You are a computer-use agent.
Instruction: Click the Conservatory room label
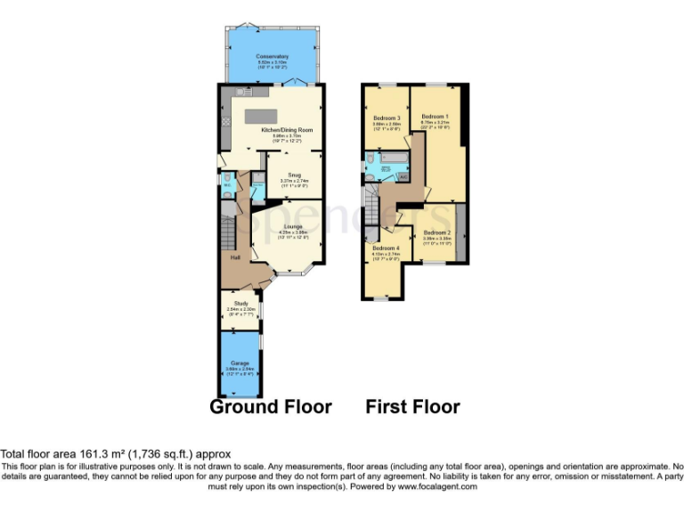(x=273, y=56)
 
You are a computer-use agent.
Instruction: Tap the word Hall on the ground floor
(x=236, y=257)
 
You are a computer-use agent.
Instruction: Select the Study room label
(x=240, y=304)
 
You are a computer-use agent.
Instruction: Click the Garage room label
(x=240, y=363)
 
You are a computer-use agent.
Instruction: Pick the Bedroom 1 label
(x=435, y=118)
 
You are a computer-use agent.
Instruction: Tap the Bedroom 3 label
(x=386, y=118)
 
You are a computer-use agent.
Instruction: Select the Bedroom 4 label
(x=386, y=248)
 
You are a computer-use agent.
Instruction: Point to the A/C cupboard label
(x=403, y=176)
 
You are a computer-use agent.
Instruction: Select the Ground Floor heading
(x=270, y=407)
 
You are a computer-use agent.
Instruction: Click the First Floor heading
(x=412, y=407)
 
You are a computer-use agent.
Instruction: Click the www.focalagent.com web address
(x=436, y=487)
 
